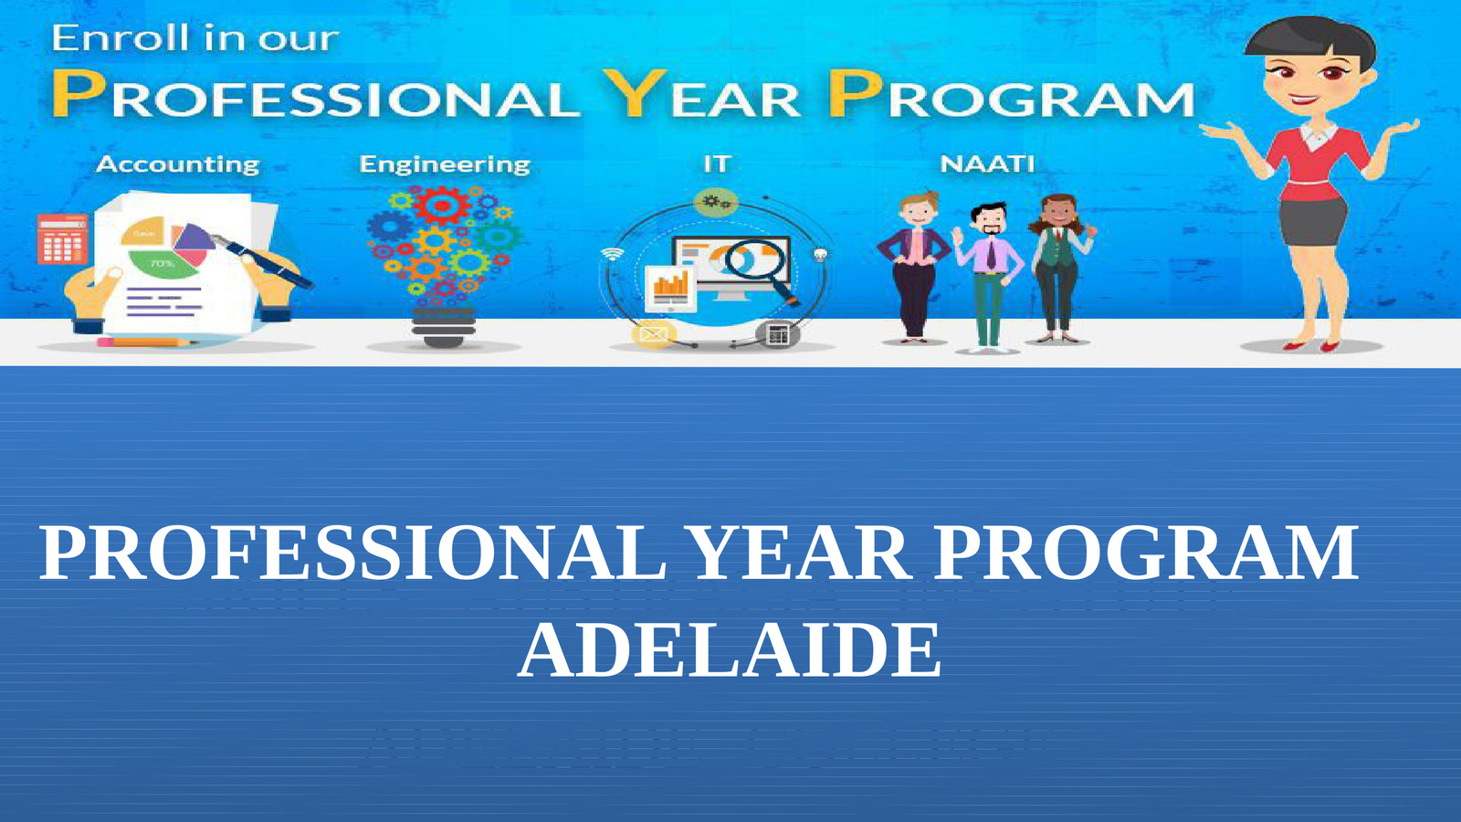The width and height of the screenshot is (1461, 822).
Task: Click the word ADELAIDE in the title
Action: (729, 650)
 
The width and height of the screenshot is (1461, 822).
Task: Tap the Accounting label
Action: (178, 164)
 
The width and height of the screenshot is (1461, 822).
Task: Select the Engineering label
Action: (445, 164)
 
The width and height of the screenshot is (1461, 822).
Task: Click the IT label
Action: (717, 163)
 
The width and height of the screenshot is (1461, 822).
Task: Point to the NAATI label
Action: (987, 163)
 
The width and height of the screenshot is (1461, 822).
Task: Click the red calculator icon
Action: (62, 238)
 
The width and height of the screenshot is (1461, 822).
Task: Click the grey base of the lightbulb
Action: (444, 327)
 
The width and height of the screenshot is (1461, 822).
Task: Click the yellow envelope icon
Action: (654, 334)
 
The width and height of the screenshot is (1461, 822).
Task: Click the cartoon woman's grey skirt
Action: (1313, 219)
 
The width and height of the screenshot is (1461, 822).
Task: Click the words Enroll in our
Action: (194, 38)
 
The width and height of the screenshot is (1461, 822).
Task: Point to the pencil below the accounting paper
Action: (146, 342)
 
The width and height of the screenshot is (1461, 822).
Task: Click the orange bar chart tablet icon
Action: (670, 288)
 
